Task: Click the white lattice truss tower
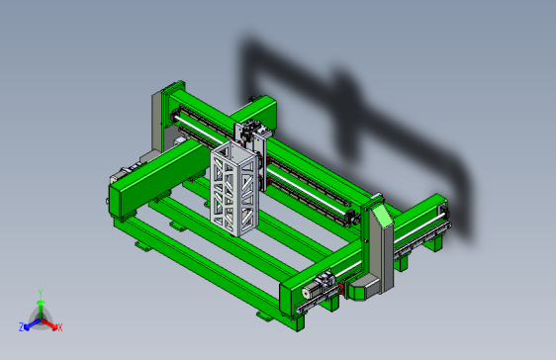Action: [x=233, y=187]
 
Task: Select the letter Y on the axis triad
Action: [x=39, y=293]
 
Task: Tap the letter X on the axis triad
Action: [x=59, y=326]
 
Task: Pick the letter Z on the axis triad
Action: [x=21, y=326]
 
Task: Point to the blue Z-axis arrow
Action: [x=31, y=322]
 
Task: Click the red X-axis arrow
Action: [x=50, y=322]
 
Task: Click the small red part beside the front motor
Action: [x=342, y=290]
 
